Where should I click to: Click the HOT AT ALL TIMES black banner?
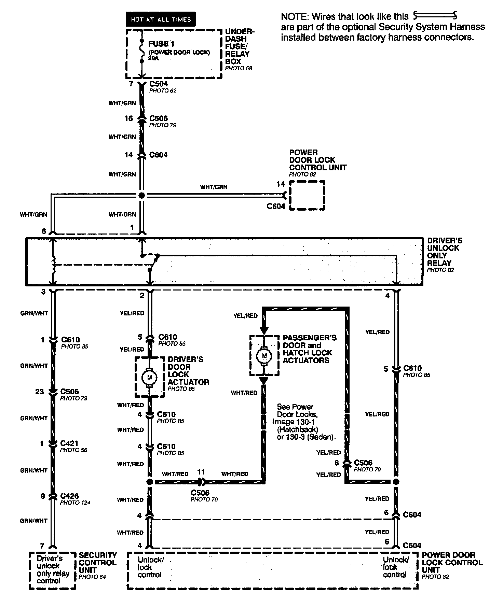pos(161,19)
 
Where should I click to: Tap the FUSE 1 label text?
pos(161,44)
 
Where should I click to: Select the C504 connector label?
pos(159,84)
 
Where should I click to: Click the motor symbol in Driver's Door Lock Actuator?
pos(149,377)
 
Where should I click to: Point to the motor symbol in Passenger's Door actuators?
pos(263,356)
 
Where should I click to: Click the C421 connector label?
pos(69,443)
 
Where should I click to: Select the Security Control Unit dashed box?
pos(52,570)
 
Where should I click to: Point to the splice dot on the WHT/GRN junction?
pos(141,196)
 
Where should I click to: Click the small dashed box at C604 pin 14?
pos(307,195)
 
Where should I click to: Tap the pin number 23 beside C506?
pos(40,392)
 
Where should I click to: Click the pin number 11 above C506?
pos(201,472)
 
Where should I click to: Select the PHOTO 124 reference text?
pos(75,502)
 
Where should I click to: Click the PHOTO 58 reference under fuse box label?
pos(238,68)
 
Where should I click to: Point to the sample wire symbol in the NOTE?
pos(435,15)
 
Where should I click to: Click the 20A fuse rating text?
pos(153,58)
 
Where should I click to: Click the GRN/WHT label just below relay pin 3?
pos(34,313)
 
